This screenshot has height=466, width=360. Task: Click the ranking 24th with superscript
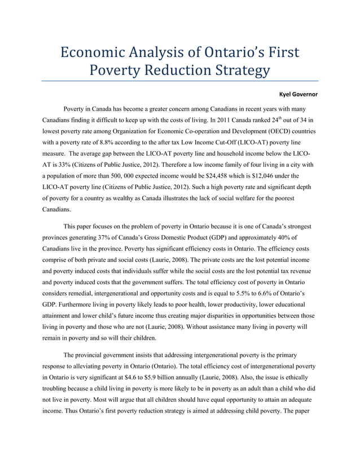pos(276,120)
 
